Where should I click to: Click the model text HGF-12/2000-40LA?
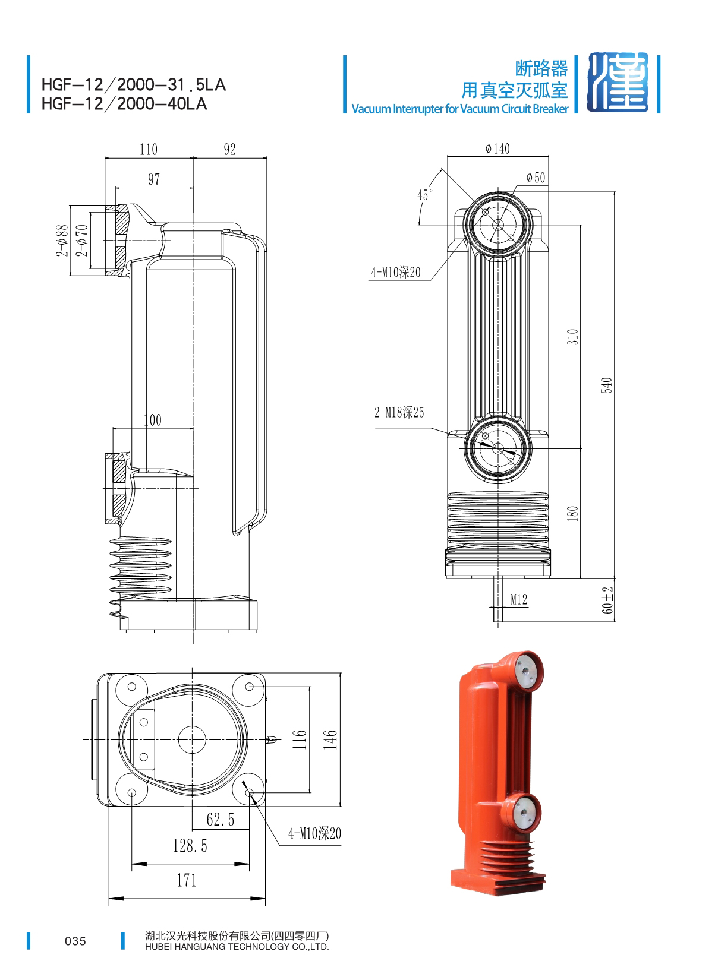coord(124,104)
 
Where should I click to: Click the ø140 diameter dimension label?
coord(497,148)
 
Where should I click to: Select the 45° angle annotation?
coord(424,195)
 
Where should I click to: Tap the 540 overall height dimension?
coord(606,385)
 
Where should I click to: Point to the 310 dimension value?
coord(572,336)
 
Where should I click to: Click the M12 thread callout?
coord(519,599)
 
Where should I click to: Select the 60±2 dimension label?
coord(607,600)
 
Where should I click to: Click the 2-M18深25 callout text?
coord(399,412)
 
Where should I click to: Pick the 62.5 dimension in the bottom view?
coord(221,820)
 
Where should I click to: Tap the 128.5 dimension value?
coord(190,846)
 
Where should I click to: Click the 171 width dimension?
coord(187,880)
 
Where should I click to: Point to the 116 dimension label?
coord(300,739)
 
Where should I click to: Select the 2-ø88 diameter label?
coord(62,240)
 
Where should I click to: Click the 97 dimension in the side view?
coord(154,179)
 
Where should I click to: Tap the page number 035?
coord(75,941)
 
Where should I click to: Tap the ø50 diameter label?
coord(536,178)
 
